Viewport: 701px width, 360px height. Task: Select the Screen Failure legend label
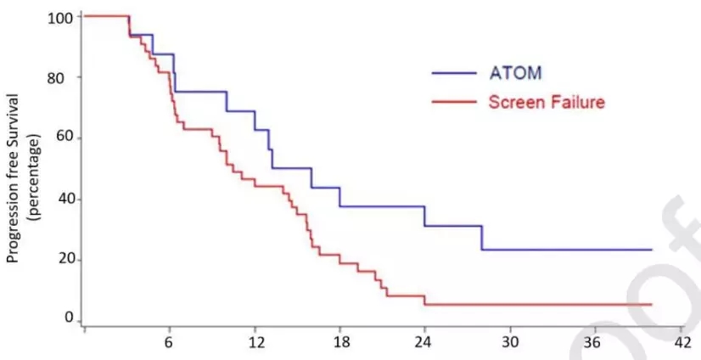pyautogui.click(x=547, y=102)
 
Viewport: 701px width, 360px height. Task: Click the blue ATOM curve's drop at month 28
pyautogui.click(x=481, y=238)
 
